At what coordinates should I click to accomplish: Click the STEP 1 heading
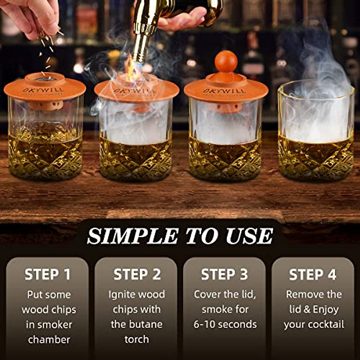(47, 274)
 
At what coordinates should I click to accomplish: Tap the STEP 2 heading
(137, 274)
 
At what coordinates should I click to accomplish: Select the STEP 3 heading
(224, 274)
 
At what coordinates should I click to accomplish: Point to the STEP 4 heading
(313, 274)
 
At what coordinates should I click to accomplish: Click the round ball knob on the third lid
(226, 61)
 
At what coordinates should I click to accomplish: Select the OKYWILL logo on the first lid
(43, 89)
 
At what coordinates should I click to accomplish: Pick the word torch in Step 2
(136, 339)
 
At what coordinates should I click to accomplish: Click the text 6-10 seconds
(225, 324)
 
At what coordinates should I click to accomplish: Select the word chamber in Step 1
(49, 340)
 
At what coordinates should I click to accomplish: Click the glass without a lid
(316, 132)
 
